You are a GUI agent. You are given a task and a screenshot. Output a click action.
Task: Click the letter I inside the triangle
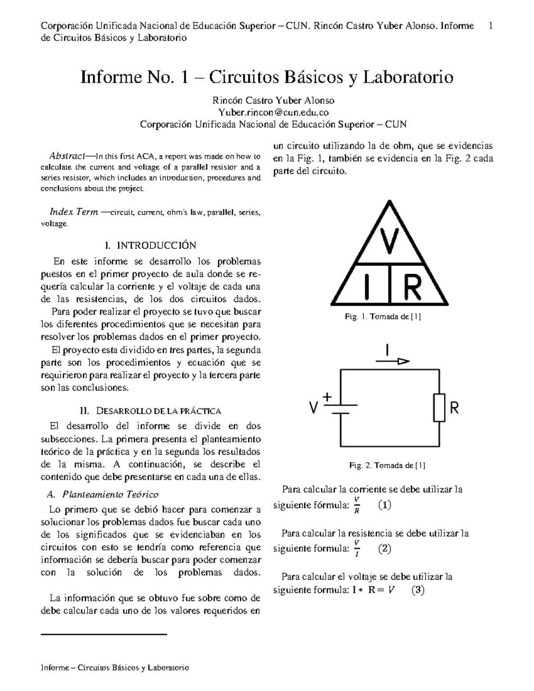click(367, 287)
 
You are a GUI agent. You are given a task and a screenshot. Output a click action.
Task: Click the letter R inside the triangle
click(412, 287)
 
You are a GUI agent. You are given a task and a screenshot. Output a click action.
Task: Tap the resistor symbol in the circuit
click(439, 408)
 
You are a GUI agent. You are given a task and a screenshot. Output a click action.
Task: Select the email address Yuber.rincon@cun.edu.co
click(273, 113)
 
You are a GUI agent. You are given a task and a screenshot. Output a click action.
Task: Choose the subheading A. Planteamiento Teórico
click(102, 494)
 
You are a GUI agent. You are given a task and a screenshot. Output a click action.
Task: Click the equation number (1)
click(384, 505)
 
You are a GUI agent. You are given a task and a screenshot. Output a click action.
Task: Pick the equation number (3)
click(418, 590)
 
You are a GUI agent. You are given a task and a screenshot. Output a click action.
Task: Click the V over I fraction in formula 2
click(356, 549)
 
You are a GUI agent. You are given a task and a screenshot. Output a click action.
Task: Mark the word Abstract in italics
click(67, 156)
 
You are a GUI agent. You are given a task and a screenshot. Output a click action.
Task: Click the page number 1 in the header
click(490, 26)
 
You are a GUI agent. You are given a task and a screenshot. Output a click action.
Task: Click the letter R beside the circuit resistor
click(454, 408)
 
